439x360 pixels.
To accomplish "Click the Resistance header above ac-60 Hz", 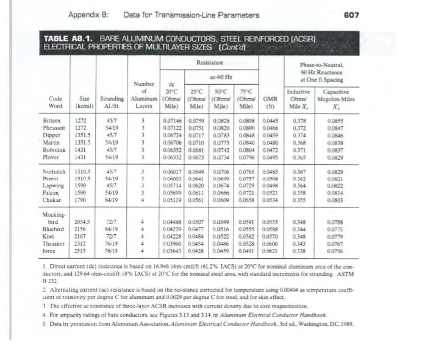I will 210,63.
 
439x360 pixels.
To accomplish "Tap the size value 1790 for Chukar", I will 81,200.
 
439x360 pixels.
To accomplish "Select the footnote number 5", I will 46,322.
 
